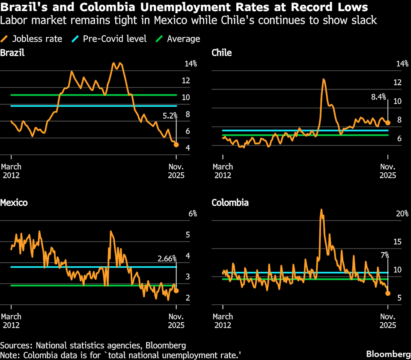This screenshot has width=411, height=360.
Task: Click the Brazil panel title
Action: point(12,53)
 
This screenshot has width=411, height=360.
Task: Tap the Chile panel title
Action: point(222,53)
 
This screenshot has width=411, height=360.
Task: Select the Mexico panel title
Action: point(14,203)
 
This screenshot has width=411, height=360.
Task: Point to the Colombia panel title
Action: point(230,203)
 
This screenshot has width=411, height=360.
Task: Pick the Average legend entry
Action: point(179,39)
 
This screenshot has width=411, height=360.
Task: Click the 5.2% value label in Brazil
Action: point(170,115)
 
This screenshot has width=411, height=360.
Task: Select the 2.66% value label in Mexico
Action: point(167,258)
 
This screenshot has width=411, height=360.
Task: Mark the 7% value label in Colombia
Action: point(384,255)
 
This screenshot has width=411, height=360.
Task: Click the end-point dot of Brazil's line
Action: point(176,144)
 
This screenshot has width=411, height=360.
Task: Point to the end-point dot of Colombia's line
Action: point(388,293)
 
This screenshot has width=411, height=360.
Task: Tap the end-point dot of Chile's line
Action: point(388,123)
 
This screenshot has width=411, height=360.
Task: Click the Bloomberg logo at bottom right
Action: point(387,354)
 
